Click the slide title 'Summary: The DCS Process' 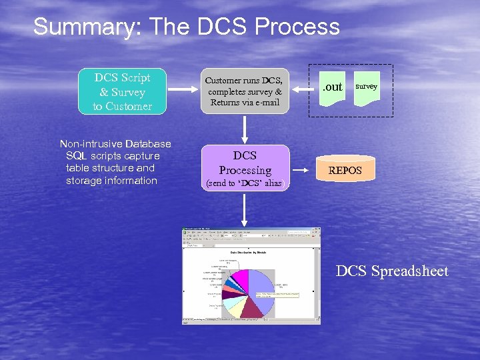[186, 27]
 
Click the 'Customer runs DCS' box [245, 91]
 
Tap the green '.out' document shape [333, 87]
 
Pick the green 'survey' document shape [366, 87]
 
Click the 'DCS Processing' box [245, 167]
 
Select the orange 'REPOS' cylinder [345, 170]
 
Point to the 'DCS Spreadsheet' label [392, 271]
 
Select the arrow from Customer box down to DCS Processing [245, 128]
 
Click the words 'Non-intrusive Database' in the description [115, 144]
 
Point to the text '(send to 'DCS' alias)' [245, 183]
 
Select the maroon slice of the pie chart [252, 307]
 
